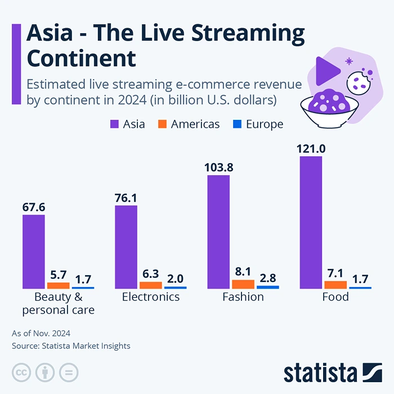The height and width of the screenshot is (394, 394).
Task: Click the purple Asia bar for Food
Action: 311,222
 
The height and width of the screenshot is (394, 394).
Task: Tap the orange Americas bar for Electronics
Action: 151,285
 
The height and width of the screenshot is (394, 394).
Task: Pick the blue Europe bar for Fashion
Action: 268,287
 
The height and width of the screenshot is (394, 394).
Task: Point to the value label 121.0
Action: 311,149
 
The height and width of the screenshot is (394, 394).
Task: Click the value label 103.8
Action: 218,167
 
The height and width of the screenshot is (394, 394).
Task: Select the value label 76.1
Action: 126,198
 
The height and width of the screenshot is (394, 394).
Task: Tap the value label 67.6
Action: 34,207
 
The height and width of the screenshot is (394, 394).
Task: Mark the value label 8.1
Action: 243,271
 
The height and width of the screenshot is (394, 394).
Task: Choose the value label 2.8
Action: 268,277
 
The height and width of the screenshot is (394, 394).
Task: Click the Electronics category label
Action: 151,297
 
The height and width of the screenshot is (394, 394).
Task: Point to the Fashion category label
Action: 243,297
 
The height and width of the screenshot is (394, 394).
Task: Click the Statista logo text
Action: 320,373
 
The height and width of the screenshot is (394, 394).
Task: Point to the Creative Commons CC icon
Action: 21,372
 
